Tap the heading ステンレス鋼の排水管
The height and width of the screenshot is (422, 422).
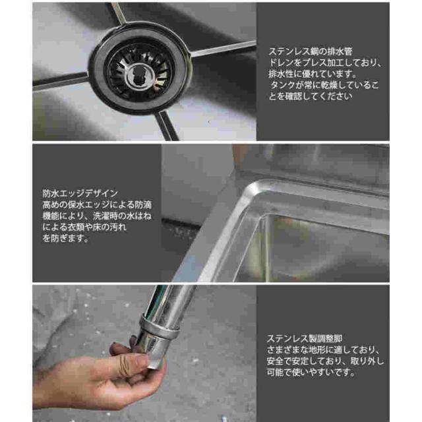coord(311,51)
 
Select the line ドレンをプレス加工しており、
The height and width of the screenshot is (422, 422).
coord(325,63)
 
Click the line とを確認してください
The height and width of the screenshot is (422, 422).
coord(311,96)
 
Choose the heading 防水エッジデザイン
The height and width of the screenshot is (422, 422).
coord(80,193)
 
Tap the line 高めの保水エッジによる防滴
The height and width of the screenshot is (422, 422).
coord(97,204)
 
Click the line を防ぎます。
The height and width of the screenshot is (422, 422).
coord(66,238)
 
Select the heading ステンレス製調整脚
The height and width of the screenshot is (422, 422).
coord(305,338)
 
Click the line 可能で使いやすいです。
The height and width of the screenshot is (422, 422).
coord(311,372)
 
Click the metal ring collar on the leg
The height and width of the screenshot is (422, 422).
coord(160,327)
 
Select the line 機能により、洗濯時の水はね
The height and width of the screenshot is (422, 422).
coord(97,216)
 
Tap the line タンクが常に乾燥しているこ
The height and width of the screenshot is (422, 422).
coord(324,85)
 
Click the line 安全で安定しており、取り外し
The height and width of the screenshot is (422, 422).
coord(325,361)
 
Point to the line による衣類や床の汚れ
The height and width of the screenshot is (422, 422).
coord(84,227)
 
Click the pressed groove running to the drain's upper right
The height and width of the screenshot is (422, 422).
coord(224,48)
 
